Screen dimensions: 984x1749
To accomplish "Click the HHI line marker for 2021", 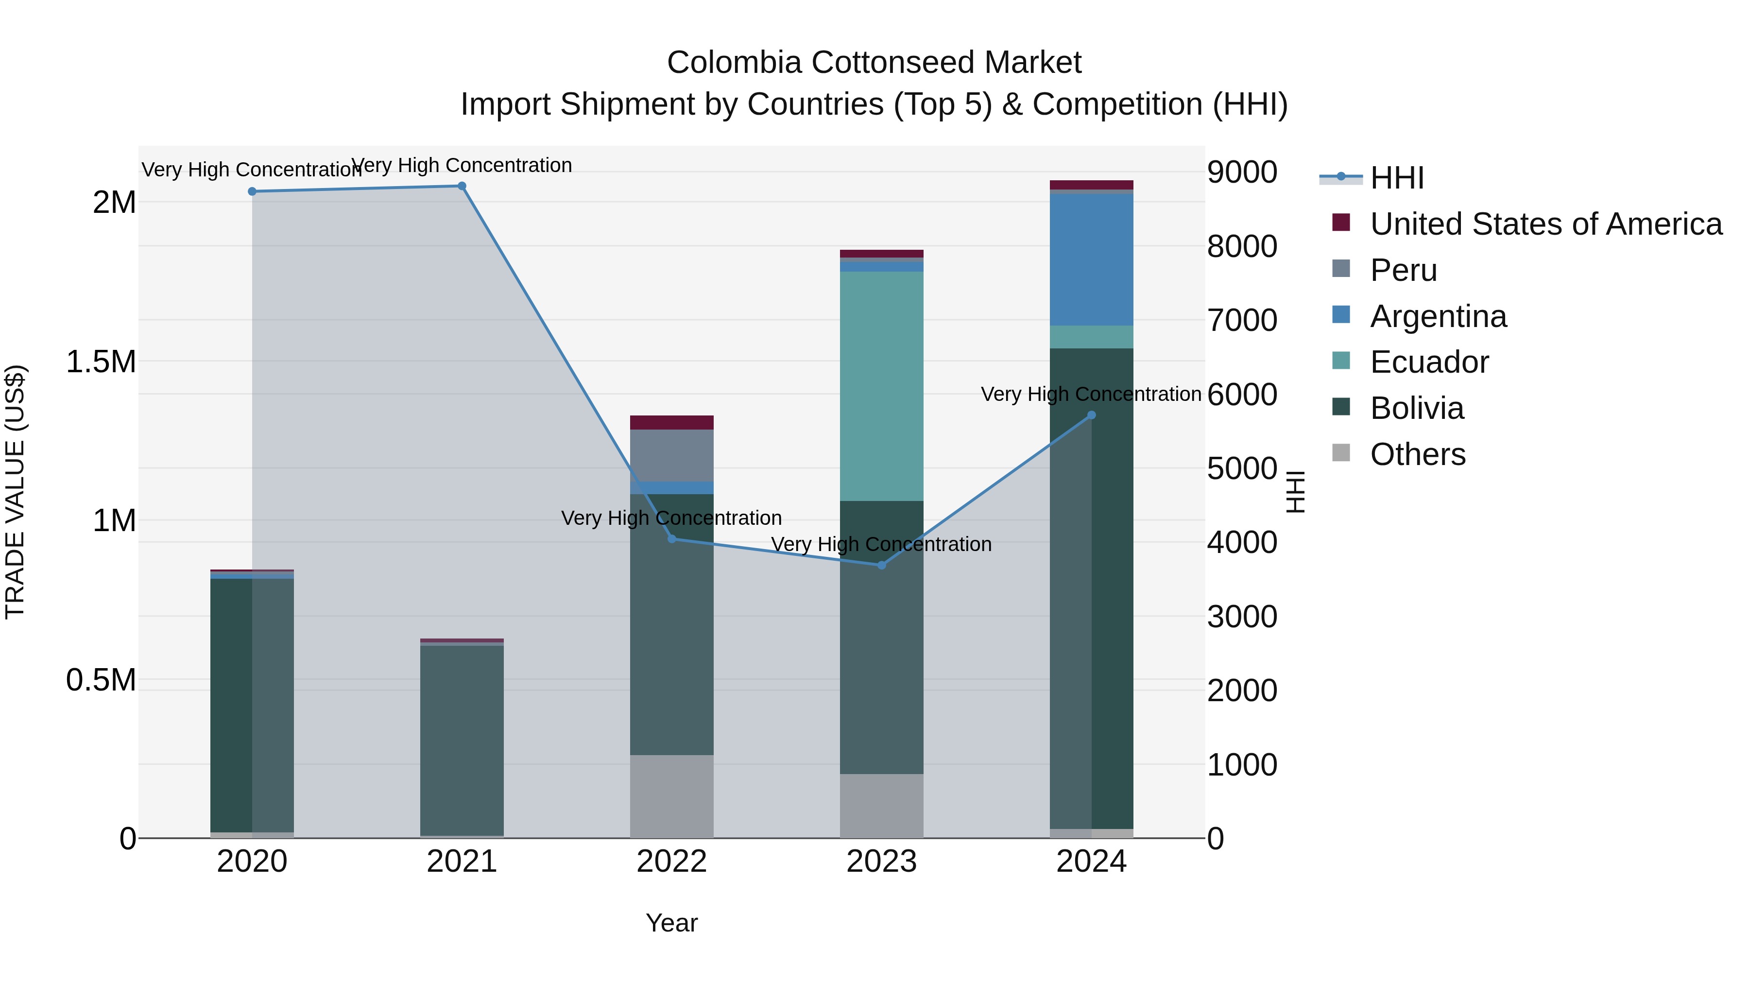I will tap(462, 186).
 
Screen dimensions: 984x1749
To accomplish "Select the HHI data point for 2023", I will tap(881, 565).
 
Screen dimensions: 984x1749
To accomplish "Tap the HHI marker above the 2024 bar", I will tap(1091, 415).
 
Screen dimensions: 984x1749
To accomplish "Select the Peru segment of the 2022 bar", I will tap(671, 455).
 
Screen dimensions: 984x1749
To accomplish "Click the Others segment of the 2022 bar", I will tap(671, 796).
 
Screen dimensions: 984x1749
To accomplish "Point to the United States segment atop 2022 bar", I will tap(671, 422).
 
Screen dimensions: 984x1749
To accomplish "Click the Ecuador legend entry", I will tap(1428, 362).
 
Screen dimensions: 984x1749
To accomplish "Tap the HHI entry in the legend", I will tap(1397, 178).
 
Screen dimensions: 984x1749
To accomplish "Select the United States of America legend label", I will tap(1545, 224).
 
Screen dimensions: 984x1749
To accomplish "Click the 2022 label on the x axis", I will tap(671, 862).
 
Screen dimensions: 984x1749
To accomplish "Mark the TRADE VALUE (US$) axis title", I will tap(15, 492).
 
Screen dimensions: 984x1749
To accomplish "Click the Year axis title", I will tap(671, 923).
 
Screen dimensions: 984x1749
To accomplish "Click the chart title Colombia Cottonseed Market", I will tap(874, 63).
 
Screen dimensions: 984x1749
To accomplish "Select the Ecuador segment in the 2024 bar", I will tap(1091, 337).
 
